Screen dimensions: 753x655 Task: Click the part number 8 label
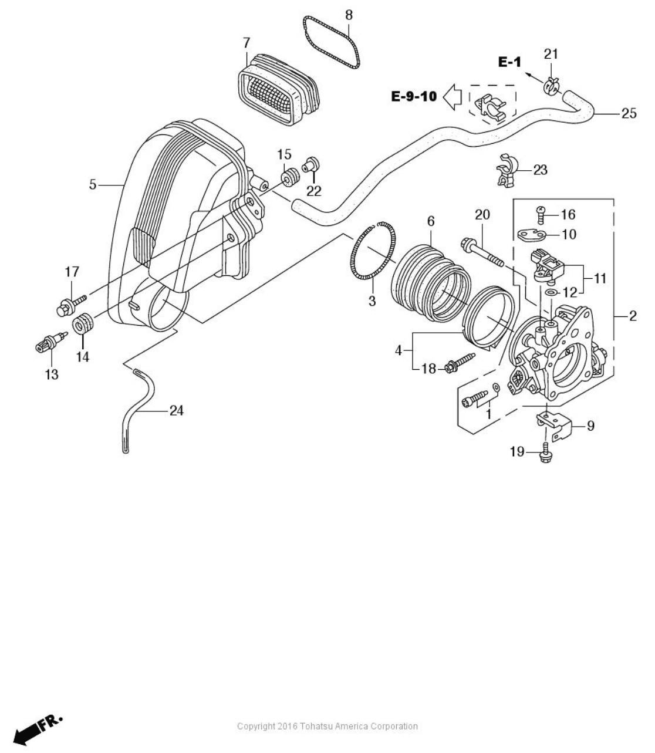coord(349,14)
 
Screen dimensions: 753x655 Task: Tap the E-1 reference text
coord(509,62)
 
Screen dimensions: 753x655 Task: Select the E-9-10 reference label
coord(414,96)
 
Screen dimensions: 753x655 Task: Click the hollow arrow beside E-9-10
coord(452,96)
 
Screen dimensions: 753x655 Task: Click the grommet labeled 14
coord(83,325)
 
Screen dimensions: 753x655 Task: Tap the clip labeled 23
coord(507,171)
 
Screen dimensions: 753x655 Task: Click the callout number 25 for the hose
coord(628,113)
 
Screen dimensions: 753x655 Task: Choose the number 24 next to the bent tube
coord(176,411)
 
